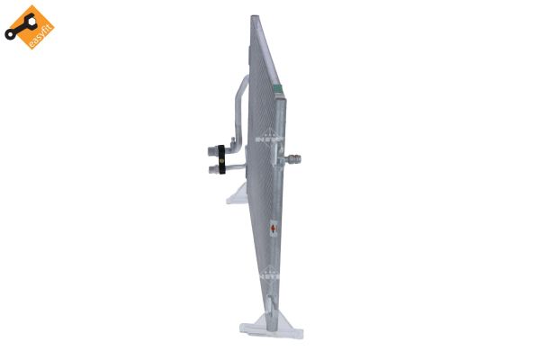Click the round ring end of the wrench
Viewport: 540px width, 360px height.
point(10,37)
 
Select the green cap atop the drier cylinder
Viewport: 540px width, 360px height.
point(280,88)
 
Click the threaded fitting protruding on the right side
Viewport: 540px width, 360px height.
point(294,159)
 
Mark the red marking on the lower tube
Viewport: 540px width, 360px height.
point(274,230)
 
